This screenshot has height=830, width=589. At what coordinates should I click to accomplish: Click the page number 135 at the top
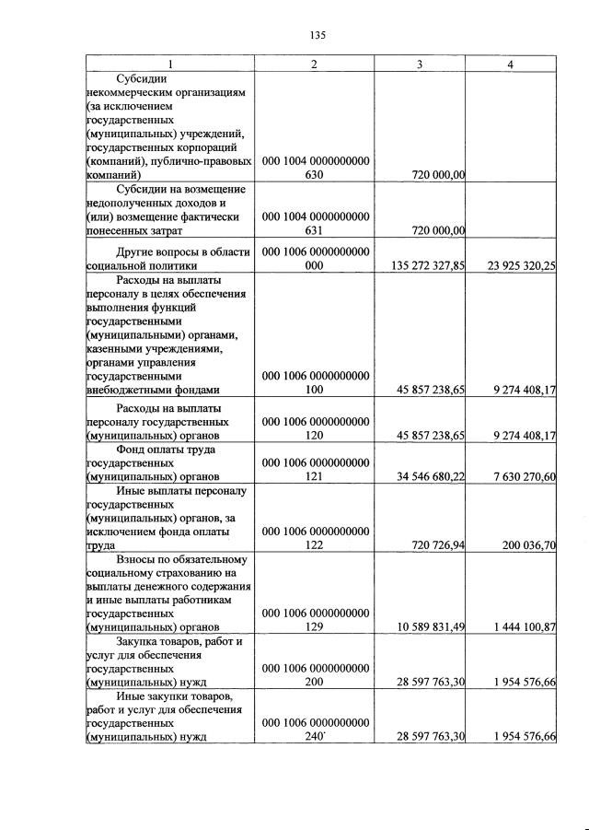318,36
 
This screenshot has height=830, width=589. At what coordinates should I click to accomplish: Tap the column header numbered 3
419,64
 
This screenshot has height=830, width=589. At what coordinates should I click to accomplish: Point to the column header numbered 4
511,64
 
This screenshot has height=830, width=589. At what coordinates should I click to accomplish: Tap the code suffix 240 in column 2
316,736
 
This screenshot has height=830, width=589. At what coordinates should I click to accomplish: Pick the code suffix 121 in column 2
316,476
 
